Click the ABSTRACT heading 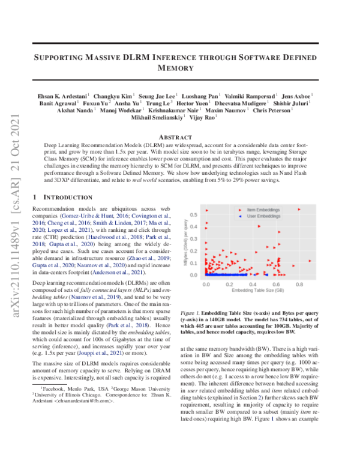(181, 136)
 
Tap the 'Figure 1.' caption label (191, 313)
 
